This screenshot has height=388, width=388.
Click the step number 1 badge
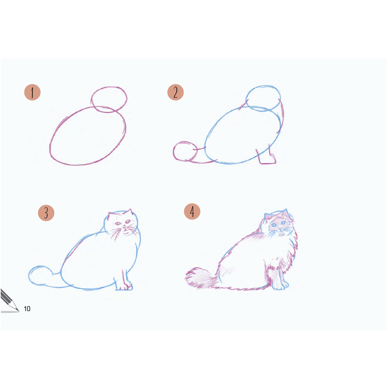[32, 92]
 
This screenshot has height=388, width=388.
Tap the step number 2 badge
[175, 92]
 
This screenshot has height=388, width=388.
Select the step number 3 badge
[46, 213]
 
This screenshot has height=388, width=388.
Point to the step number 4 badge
[192, 212]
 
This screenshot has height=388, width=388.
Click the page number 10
[27, 309]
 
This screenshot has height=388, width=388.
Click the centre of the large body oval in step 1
[88, 136]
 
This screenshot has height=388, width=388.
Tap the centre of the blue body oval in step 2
[243, 135]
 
